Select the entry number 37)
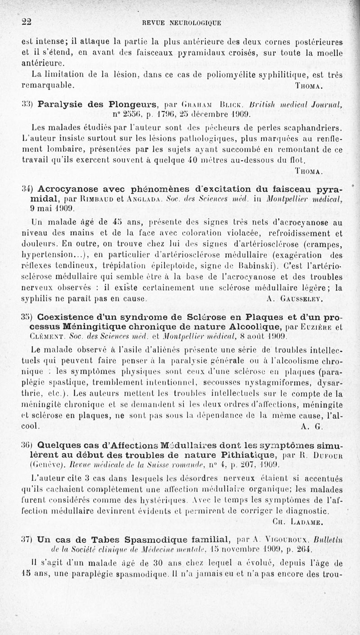pos(28,539)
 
